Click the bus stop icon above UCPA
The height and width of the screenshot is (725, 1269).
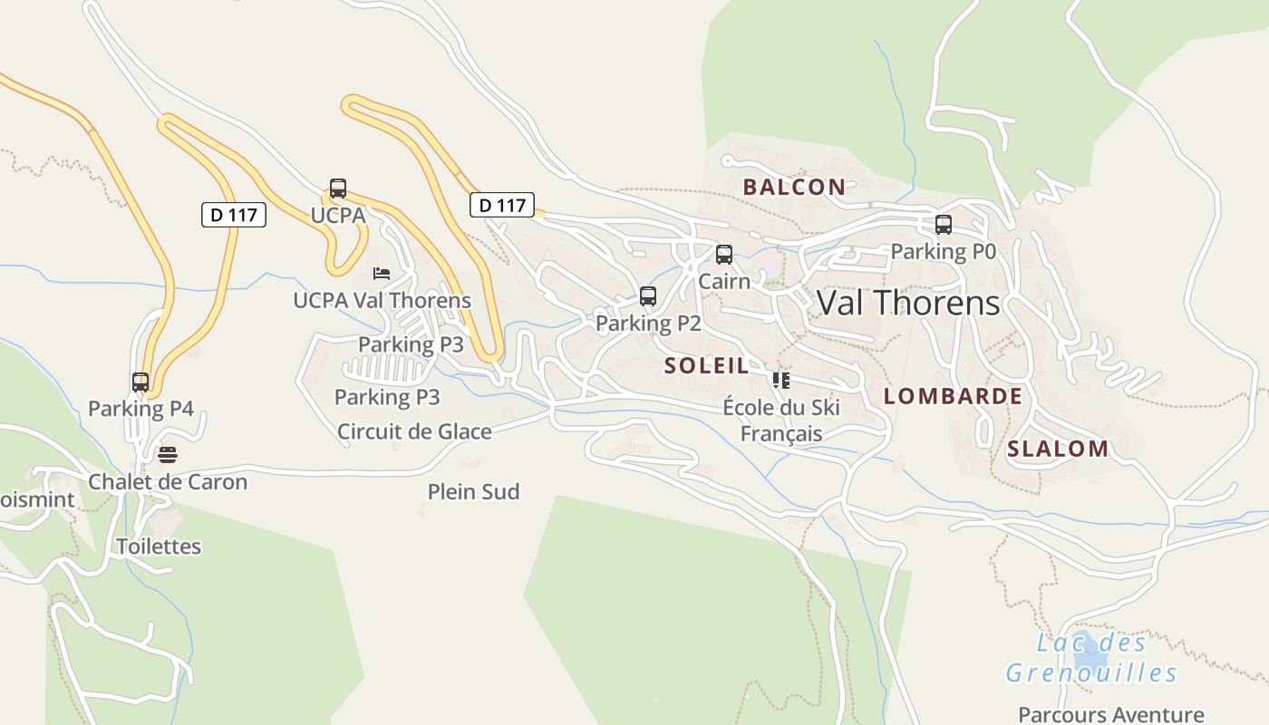[x=338, y=188]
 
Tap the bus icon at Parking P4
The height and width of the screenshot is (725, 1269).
[x=140, y=382]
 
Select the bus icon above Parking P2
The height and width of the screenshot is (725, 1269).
[x=648, y=296]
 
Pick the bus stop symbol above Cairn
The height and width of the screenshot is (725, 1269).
[x=724, y=255]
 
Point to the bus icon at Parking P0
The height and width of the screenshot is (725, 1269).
[x=944, y=225]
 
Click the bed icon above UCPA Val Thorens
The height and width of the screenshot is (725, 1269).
[x=382, y=273]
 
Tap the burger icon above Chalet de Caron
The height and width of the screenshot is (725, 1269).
[x=168, y=454]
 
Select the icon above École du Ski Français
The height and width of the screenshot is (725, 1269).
[x=781, y=381]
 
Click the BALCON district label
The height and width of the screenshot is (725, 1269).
[x=794, y=188]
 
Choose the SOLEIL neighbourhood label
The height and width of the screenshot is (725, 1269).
[x=707, y=366]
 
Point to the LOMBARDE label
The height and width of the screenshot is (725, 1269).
[x=953, y=396]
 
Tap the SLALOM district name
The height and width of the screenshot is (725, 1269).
[x=1058, y=449]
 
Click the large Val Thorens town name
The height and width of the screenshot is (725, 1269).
[x=908, y=303]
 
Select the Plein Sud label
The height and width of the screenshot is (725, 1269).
[x=473, y=492]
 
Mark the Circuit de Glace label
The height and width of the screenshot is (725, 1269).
[x=414, y=431]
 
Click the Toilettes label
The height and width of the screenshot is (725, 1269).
[x=159, y=546]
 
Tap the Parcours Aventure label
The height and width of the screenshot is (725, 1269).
[x=1111, y=714]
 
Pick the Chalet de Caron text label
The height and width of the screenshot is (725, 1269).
[x=168, y=481]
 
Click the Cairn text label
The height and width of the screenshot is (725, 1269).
[x=724, y=281]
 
